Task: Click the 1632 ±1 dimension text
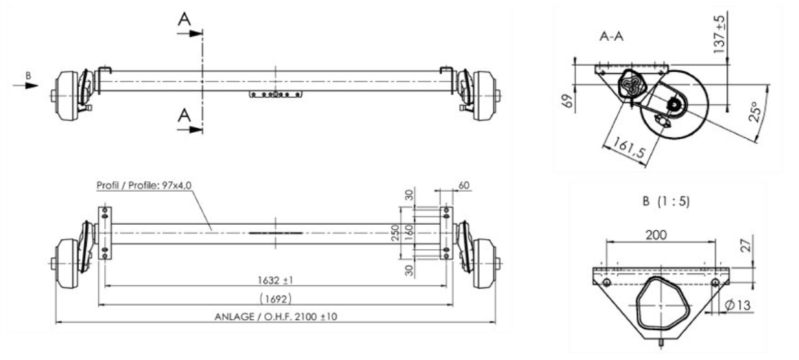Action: coord(275,280)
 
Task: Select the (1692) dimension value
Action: coord(275,298)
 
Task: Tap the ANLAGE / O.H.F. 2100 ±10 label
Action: coord(276,317)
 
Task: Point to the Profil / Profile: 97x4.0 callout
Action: coord(144,186)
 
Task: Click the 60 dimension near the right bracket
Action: coord(464,186)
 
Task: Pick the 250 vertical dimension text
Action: coord(395,232)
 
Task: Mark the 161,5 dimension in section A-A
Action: coord(629,148)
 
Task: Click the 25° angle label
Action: coord(754,111)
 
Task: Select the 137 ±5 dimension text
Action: coord(719,34)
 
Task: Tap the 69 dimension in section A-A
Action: coord(567,101)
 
